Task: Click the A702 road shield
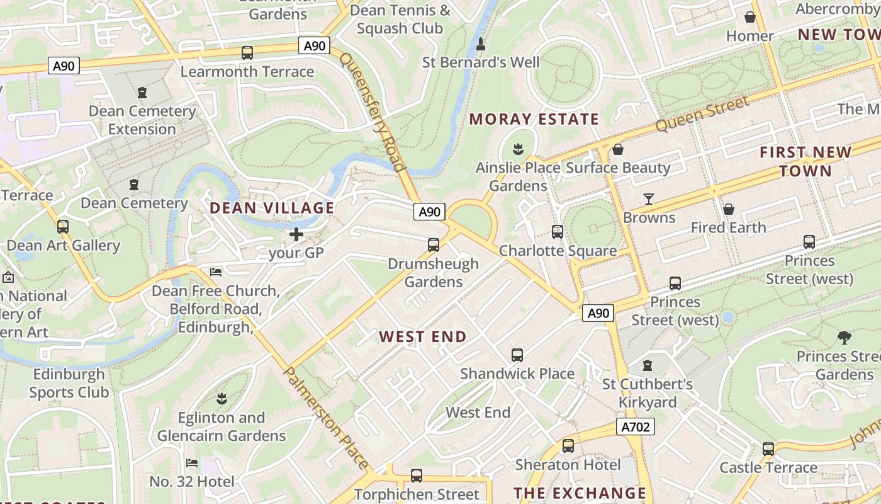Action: (636, 427)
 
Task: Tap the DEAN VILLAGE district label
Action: (272, 208)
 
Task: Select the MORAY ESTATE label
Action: (534, 119)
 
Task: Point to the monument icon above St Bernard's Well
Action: (481, 44)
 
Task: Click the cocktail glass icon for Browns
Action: (649, 199)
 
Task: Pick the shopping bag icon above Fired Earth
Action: (728, 209)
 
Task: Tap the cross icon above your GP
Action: (296, 235)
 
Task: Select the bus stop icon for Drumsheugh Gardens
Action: (433, 245)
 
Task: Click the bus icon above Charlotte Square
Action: (558, 232)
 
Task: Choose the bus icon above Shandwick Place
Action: (517, 355)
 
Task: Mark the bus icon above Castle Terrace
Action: (768, 449)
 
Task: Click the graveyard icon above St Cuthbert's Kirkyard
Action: (647, 365)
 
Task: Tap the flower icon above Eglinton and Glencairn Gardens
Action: (221, 399)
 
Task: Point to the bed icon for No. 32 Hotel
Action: (192, 463)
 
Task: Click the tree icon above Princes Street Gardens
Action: (844, 338)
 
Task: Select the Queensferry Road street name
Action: (372, 112)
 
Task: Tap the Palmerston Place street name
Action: (326, 418)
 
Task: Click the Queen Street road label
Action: (702, 114)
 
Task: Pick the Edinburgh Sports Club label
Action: (69, 383)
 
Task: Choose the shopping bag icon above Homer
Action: (749, 17)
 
